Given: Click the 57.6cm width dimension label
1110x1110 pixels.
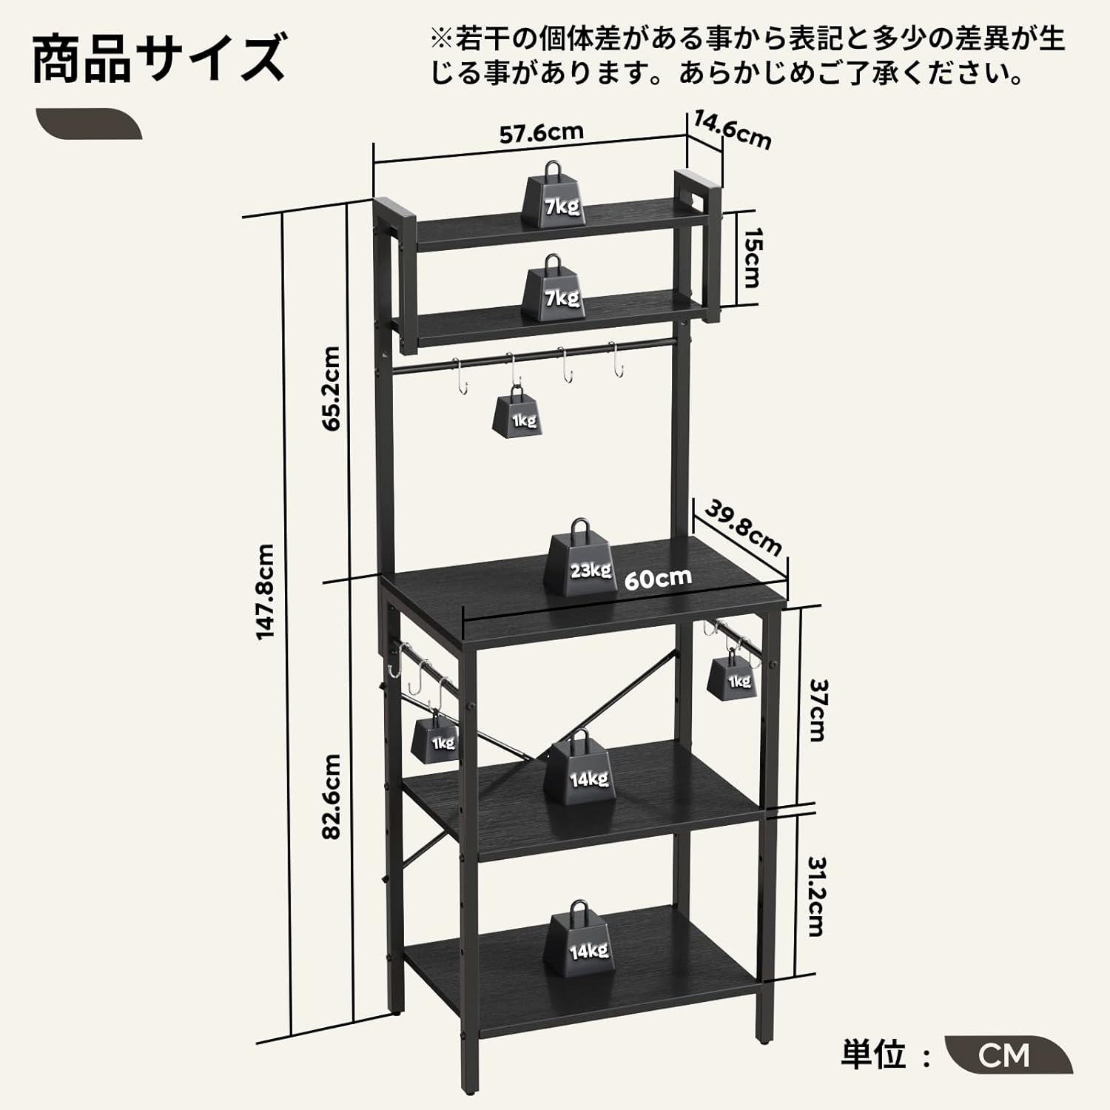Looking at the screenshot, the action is pyautogui.click(x=542, y=133).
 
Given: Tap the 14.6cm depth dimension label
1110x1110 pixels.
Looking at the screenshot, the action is pyautogui.click(x=733, y=129).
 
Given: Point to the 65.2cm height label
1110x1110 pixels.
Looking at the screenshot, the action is pyautogui.click(x=331, y=388).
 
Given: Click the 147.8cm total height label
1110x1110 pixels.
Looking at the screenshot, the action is pyautogui.click(x=266, y=591).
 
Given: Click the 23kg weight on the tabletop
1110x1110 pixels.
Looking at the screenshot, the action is pyautogui.click(x=582, y=558).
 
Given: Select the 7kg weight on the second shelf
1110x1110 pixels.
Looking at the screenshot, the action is pyautogui.click(x=554, y=289).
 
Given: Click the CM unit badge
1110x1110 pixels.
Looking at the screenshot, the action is pyautogui.click(x=1009, y=1054).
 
